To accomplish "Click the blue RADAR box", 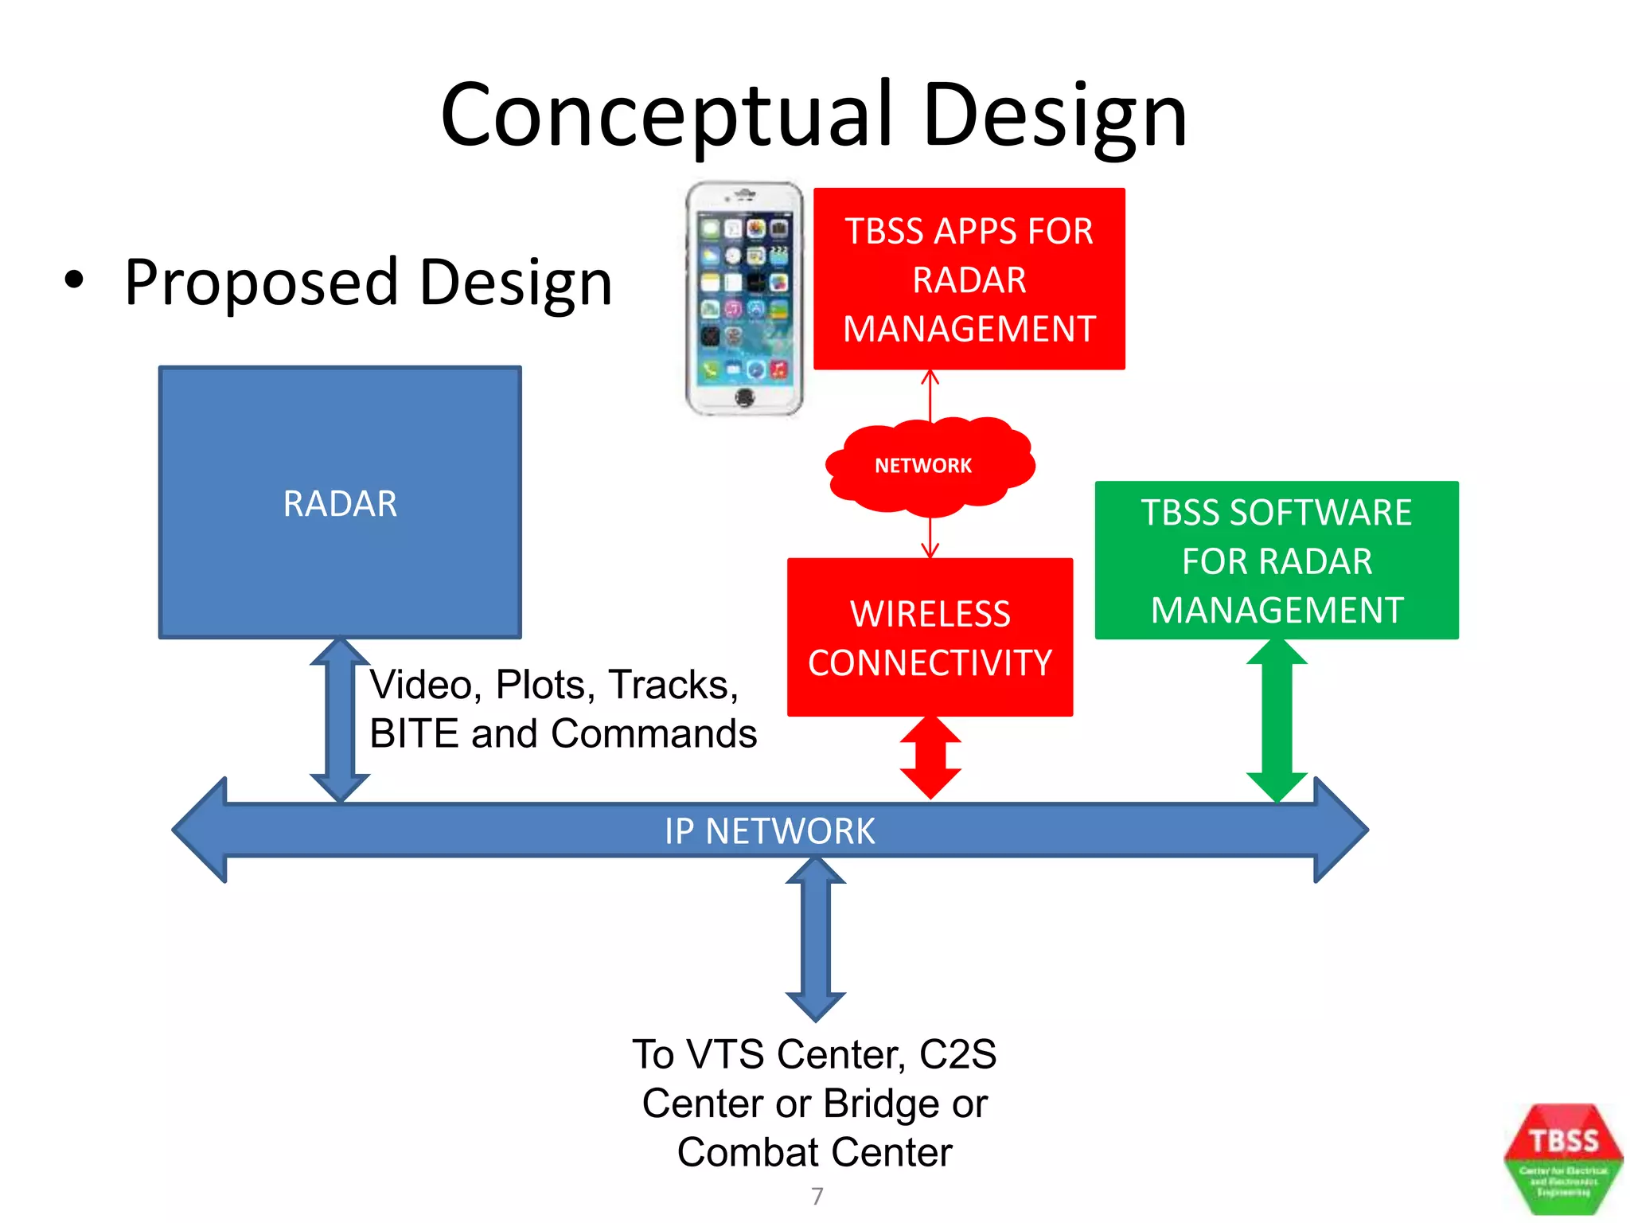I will click(340, 502).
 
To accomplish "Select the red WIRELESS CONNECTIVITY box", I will click(930, 637).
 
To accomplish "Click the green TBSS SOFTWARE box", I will click(1276, 561).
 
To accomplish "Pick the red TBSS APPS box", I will click(969, 279).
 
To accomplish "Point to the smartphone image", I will click(744, 299).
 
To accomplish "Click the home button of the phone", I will click(744, 396).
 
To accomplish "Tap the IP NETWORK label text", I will click(770, 831).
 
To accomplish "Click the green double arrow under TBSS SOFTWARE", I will click(1277, 721).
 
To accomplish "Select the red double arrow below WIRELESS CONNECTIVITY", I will click(930, 757).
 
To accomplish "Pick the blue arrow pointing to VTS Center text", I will click(815, 940).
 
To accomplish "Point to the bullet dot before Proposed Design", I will click(74, 279).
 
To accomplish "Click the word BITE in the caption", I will click(414, 733).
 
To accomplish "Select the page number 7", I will click(817, 1196).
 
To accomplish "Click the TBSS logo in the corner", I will click(1563, 1159).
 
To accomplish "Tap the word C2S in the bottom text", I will click(957, 1054).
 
